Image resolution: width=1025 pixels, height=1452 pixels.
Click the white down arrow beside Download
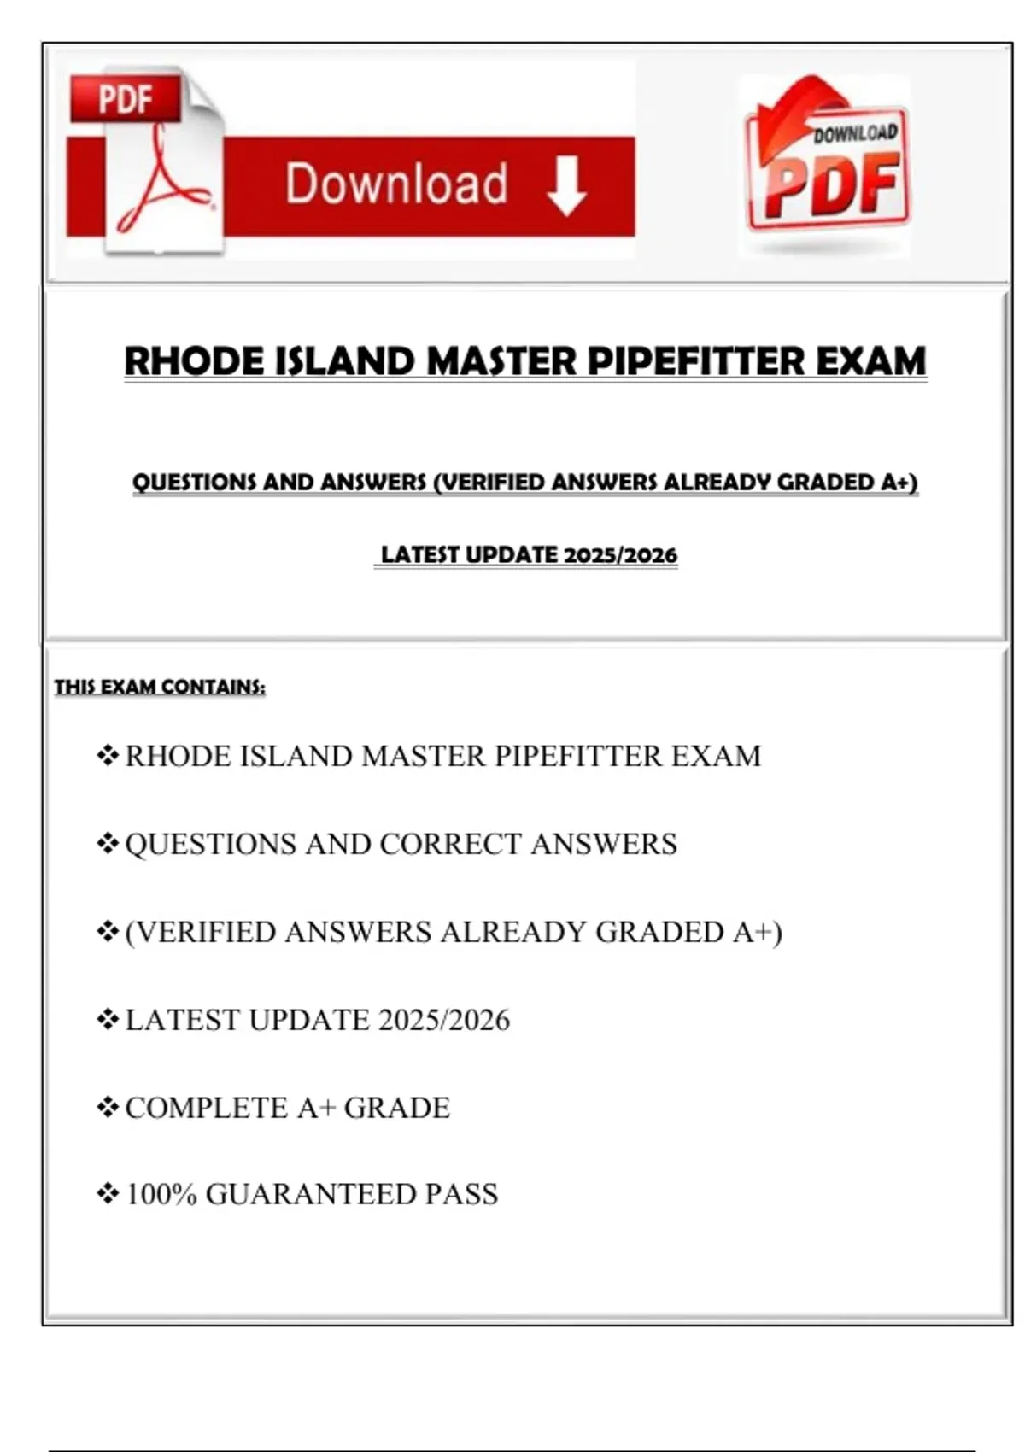click(566, 186)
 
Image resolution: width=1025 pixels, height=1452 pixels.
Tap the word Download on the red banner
click(396, 184)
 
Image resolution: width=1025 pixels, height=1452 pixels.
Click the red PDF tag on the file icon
click(125, 98)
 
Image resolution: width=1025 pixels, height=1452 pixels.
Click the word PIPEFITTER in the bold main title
click(696, 361)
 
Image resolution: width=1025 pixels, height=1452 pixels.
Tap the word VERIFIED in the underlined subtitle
click(494, 483)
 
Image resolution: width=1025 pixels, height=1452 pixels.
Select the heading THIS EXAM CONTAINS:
click(160, 687)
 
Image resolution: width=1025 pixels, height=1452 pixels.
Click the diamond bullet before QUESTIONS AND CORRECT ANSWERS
click(107, 844)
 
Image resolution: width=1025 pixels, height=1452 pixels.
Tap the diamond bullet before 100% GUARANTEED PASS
click(107, 1193)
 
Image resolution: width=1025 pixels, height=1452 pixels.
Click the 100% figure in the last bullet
click(161, 1193)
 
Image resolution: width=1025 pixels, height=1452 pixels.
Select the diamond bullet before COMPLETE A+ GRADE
click(107, 1108)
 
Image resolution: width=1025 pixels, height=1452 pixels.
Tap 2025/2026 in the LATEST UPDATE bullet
click(444, 1020)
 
